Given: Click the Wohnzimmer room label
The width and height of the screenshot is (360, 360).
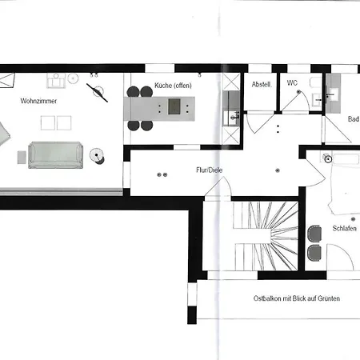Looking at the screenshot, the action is [38, 101].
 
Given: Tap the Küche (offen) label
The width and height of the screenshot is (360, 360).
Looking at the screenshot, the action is [173, 86].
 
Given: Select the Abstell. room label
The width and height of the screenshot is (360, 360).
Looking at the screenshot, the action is [262, 85].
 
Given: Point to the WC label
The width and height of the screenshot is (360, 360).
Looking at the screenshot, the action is [292, 83].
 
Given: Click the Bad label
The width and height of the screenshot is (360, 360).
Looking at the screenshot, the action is [354, 119].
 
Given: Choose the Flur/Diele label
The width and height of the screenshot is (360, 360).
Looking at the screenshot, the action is [210, 170].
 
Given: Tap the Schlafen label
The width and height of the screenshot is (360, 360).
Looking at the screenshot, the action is [344, 229].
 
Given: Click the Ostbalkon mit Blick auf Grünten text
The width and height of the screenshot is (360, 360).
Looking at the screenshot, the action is [297, 298].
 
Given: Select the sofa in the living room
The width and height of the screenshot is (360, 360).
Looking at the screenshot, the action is [55, 155].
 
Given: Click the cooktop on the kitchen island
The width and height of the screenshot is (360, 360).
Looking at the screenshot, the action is [174, 106].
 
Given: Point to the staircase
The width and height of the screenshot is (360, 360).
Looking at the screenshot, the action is [266, 236].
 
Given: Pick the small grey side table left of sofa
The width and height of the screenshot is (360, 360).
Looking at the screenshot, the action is [22, 158].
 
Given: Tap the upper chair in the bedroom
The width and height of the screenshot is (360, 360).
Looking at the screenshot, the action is [314, 234].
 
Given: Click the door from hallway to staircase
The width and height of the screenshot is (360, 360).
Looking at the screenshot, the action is [218, 186].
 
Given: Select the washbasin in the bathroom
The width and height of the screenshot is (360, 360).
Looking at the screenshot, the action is [334, 94].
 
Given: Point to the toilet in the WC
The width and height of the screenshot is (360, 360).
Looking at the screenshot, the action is [315, 82].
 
